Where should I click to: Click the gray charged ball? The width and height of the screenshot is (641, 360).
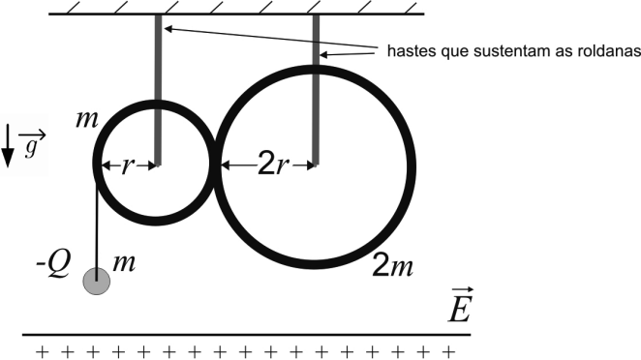point(97,282)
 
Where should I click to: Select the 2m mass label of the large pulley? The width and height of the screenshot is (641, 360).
point(392,267)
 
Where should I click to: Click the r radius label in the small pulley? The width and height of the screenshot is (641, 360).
point(128,165)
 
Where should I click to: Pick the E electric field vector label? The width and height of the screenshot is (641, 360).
point(460,305)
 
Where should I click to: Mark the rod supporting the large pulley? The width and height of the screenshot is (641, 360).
point(316,90)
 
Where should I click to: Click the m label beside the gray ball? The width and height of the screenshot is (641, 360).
point(124,263)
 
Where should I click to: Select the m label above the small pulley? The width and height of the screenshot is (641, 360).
point(87,120)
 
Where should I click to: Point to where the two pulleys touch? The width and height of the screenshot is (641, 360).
point(215,165)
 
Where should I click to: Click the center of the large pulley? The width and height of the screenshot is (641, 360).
point(316,165)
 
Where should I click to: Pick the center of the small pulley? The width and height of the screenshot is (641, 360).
point(158,165)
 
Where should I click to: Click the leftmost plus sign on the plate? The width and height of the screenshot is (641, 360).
point(42,351)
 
